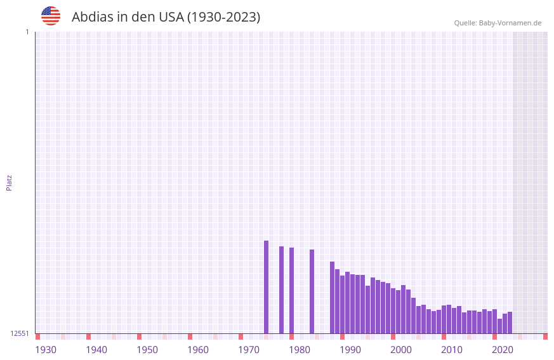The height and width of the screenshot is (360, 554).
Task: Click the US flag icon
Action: click(x=51, y=16)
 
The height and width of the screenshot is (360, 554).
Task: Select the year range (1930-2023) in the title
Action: click(x=223, y=17)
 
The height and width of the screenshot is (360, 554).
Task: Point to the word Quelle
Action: click(x=465, y=23)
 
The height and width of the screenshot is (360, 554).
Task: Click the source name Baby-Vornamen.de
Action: click(x=510, y=23)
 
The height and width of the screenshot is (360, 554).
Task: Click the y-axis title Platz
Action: click(x=9, y=182)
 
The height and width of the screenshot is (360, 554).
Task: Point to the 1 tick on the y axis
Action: click(x=27, y=32)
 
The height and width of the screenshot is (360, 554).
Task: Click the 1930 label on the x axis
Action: click(x=46, y=350)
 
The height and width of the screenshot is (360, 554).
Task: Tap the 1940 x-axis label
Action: click(x=96, y=350)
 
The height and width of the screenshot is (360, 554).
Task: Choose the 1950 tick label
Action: click(x=147, y=350)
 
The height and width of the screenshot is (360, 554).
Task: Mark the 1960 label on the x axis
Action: click(x=198, y=350)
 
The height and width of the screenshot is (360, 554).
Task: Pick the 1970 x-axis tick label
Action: click(x=249, y=350)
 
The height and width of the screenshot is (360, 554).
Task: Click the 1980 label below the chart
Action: click(x=300, y=350)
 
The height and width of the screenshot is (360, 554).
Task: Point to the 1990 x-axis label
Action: click(x=350, y=350)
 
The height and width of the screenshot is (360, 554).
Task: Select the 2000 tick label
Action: click(x=401, y=350)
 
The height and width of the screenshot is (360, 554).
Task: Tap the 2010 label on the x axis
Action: click(x=452, y=350)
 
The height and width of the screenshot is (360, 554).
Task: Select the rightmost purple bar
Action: click(x=510, y=323)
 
